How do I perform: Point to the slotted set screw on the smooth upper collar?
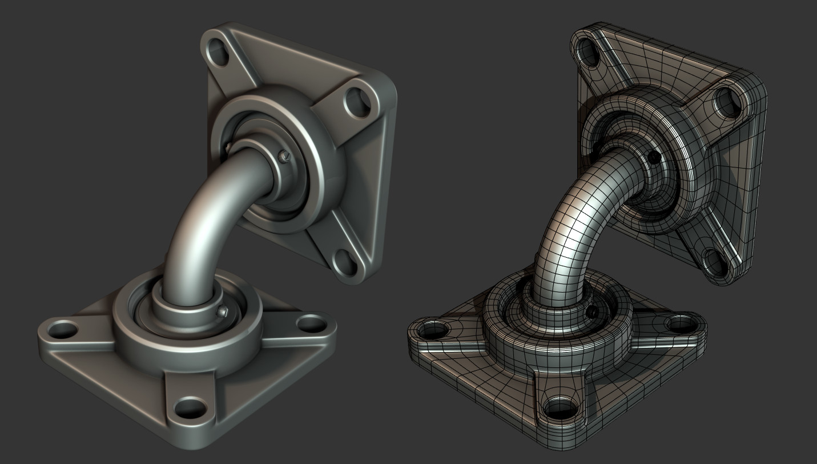[x=284, y=155]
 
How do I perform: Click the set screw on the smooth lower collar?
[x=223, y=311]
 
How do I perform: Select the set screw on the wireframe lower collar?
[x=594, y=311]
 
